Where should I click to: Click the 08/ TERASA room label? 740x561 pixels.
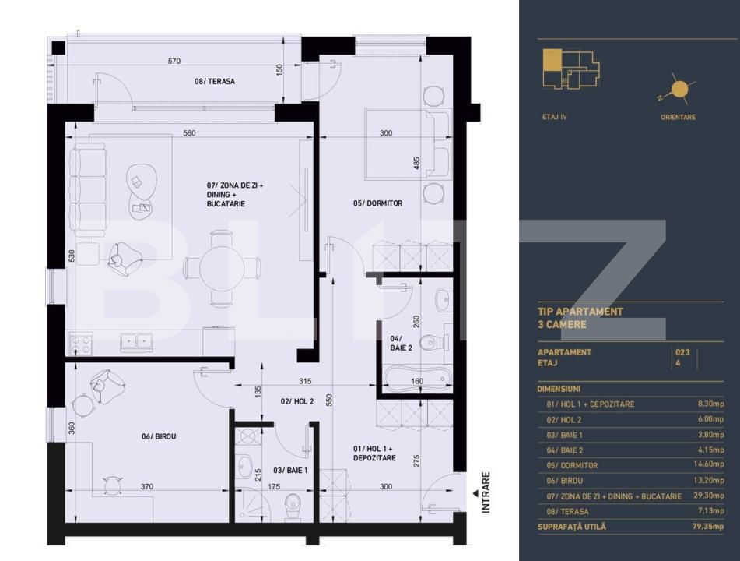click(x=214, y=81)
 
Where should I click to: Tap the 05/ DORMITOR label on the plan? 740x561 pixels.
click(x=377, y=203)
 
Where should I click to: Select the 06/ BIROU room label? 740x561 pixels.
click(x=159, y=436)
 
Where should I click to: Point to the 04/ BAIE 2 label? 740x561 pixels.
click(x=400, y=343)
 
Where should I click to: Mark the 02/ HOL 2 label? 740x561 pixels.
click(x=297, y=401)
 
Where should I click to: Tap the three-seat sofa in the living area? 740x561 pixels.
click(x=87, y=187)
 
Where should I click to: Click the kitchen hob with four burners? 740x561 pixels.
click(x=81, y=342)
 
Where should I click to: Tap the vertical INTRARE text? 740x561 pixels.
click(x=486, y=492)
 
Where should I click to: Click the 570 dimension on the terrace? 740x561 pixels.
click(x=174, y=61)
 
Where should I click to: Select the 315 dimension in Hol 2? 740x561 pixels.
click(x=305, y=381)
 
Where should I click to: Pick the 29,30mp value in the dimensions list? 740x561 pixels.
click(x=709, y=496)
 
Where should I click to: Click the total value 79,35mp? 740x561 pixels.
click(x=707, y=527)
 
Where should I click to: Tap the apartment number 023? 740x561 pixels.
click(x=683, y=352)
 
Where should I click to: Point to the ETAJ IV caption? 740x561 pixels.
click(x=555, y=117)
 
